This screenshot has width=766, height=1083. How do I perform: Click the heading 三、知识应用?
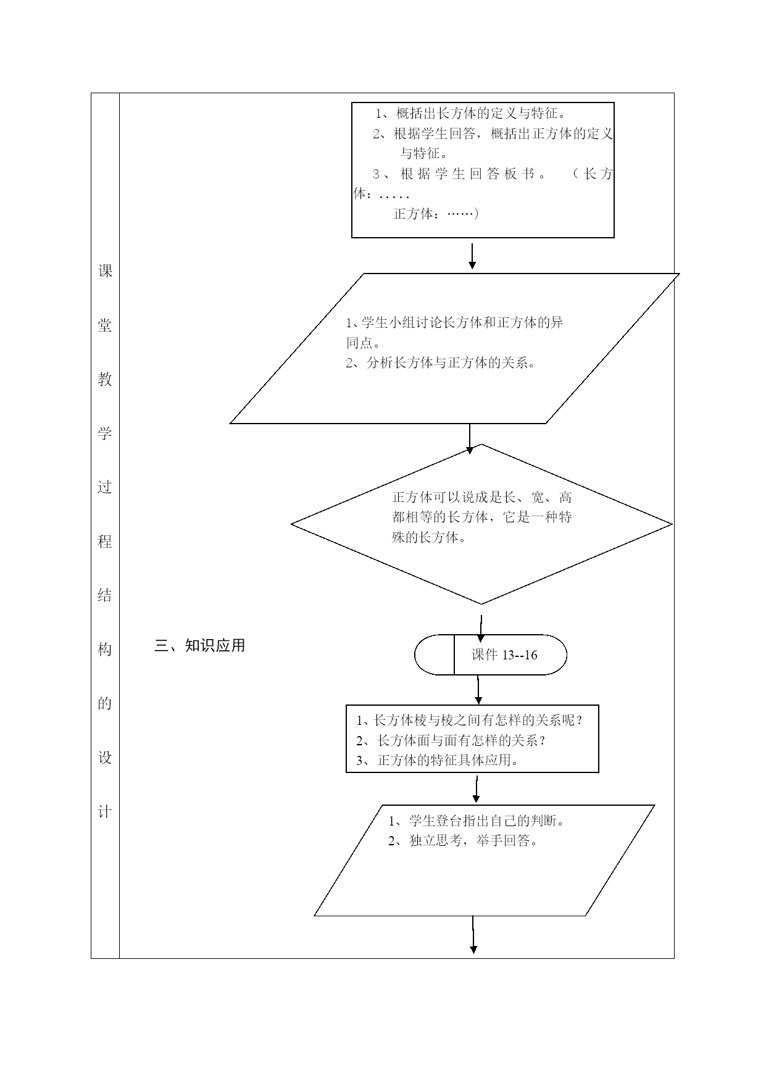(x=200, y=646)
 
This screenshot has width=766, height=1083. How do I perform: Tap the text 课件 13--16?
(x=504, y=655)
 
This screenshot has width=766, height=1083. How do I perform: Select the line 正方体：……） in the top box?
(x=436, y=214)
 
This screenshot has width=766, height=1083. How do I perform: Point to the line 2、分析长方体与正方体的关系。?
(x=440, y=363)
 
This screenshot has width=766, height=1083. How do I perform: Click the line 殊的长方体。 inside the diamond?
(x=429, y=538)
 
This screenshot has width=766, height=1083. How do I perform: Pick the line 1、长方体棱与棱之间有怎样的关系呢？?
(x=470, y=721)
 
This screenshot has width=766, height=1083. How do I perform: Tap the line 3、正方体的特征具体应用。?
(x=438, y=760)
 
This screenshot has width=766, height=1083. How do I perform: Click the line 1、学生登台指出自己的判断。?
(x=477, y=821)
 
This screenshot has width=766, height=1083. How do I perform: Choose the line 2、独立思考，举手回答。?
(x=463, y=841)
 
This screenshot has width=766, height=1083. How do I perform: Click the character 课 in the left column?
(x=105, y=271)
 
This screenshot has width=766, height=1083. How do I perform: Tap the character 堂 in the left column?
(x=105, y=325)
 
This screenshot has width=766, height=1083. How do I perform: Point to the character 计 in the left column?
(x=105, y=812)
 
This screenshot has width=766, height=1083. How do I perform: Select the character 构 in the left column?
(x=105, y=650)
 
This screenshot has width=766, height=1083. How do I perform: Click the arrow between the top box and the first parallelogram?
(x=472, y=256)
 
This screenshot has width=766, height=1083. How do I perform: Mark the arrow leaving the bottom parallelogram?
(x=473, y=935)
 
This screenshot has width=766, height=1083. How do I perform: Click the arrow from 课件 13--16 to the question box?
(x=478, y=690)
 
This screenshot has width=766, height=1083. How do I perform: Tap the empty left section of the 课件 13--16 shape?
(x=435, y=655)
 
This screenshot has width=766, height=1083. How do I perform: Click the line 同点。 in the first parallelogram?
(x=363, y=343)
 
